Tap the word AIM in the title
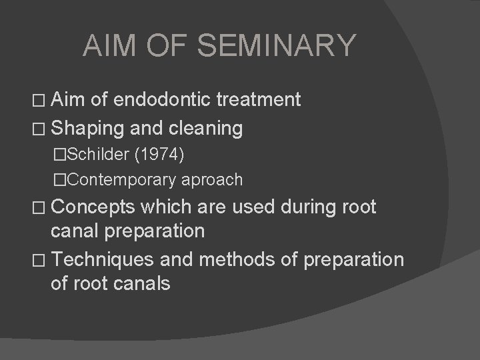107,46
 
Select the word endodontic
163,101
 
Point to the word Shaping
85,127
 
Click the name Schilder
98,154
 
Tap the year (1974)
159,154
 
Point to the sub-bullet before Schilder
61,155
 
